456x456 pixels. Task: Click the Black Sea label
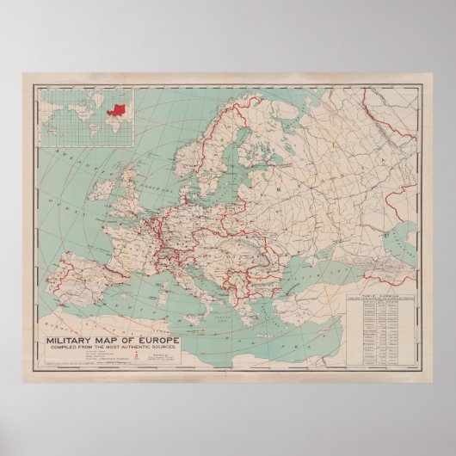(x=323, y=263)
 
